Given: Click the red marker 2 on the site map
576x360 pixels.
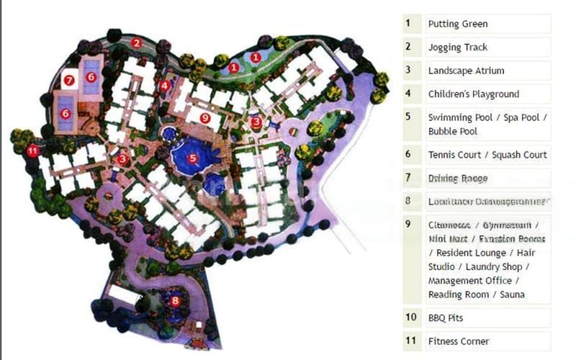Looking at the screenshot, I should [136, 42].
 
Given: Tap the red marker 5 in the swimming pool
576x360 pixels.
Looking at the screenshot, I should [192, 158].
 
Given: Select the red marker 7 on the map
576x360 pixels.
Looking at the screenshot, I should [69, 81].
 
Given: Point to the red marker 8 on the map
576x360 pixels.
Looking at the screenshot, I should [174, 301].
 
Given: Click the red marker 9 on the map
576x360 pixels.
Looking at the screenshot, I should [205, 117].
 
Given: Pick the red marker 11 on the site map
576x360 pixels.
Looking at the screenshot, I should [32, 151].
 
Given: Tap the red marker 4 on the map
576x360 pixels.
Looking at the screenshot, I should [166, 86].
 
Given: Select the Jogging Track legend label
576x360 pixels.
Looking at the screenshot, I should [457, 48].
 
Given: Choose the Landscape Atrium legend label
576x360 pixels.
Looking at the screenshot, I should [466, 71].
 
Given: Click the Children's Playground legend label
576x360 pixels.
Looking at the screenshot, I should [473, 94].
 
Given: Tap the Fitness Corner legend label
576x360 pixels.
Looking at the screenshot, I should [458, 341].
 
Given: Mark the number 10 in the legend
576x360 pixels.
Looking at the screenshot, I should [411, 318].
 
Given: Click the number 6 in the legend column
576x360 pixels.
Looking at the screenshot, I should [408, 154].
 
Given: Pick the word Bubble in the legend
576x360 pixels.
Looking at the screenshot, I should [443, 132].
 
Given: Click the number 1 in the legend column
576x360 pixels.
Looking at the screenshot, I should [408, 24].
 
